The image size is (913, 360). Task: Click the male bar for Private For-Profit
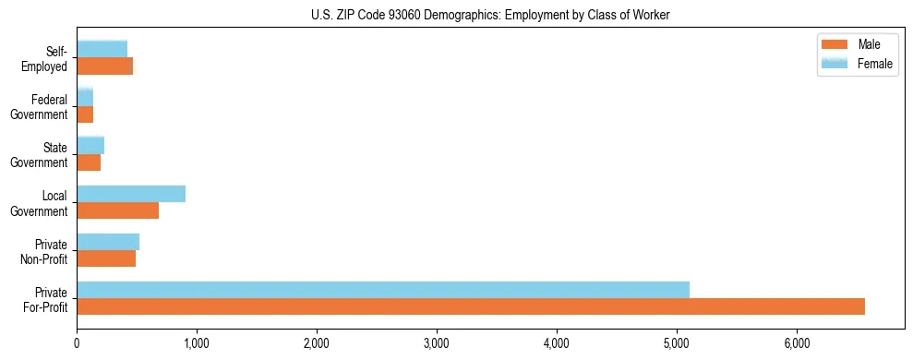coord(471,306)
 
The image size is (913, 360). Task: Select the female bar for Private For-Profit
coord(383,290)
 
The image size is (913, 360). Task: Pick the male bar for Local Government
coord(117,210)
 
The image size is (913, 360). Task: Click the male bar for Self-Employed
coord(104,66)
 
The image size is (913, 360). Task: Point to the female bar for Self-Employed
coord(102,49)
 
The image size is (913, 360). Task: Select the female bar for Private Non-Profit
coord(108,242)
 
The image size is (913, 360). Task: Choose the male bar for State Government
coord(89,162)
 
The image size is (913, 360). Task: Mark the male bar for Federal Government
coord(85,114)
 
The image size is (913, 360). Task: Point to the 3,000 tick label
coord(437,343)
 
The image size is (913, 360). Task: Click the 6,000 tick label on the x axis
coord(797,343)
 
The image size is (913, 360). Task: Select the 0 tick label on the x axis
coord(77,343)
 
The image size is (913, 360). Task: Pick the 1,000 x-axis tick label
coord(197,343)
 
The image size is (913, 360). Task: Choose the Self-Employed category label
coord(46,58)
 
